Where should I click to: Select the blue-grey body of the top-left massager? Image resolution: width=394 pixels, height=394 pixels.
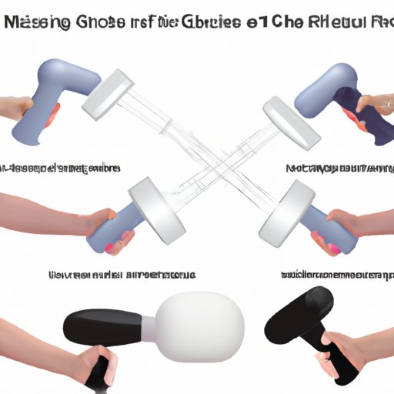pyautogui.click(x=65, y=85)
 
